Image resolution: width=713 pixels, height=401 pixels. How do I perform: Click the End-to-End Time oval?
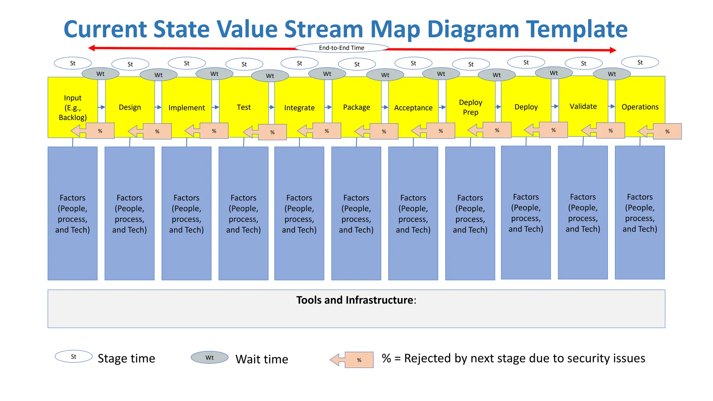click(x=342, y=48)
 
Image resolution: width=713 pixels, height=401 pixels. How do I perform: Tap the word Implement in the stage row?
click(x=187, y=108)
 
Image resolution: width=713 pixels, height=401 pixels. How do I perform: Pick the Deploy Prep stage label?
click(x=470, y=107)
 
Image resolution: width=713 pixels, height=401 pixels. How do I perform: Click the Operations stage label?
click(x=640, y=107)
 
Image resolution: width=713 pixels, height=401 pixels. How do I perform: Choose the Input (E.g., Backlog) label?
click(x=73, y=108)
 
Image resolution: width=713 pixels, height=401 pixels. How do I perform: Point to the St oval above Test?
click(x=244, y=64)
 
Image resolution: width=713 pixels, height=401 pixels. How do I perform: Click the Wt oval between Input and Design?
click(x=100, y=74)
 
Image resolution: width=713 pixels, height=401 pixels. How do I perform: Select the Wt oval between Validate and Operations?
click(x=612, y=74)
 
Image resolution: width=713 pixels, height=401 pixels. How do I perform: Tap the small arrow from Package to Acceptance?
click(x=385, y=107)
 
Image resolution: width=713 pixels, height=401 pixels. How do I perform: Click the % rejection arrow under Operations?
click(x=660, y=132)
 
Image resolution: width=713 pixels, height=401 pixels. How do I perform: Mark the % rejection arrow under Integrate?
click(x=319, y=131)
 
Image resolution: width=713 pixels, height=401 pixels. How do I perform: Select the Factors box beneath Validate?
click(x=583, y=212)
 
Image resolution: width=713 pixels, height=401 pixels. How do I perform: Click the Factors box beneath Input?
click(x=72, y=213)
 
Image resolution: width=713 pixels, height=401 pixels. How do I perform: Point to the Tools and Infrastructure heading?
click(x=356, y=300)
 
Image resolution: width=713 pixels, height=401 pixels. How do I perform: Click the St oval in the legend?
click(x=73, y=356)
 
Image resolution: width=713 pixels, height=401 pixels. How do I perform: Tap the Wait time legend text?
click(x=262, y=359)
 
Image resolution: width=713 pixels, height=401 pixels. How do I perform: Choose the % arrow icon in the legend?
click(x=352, y=360)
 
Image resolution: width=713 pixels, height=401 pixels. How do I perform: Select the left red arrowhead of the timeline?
click(x=92, y=48)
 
